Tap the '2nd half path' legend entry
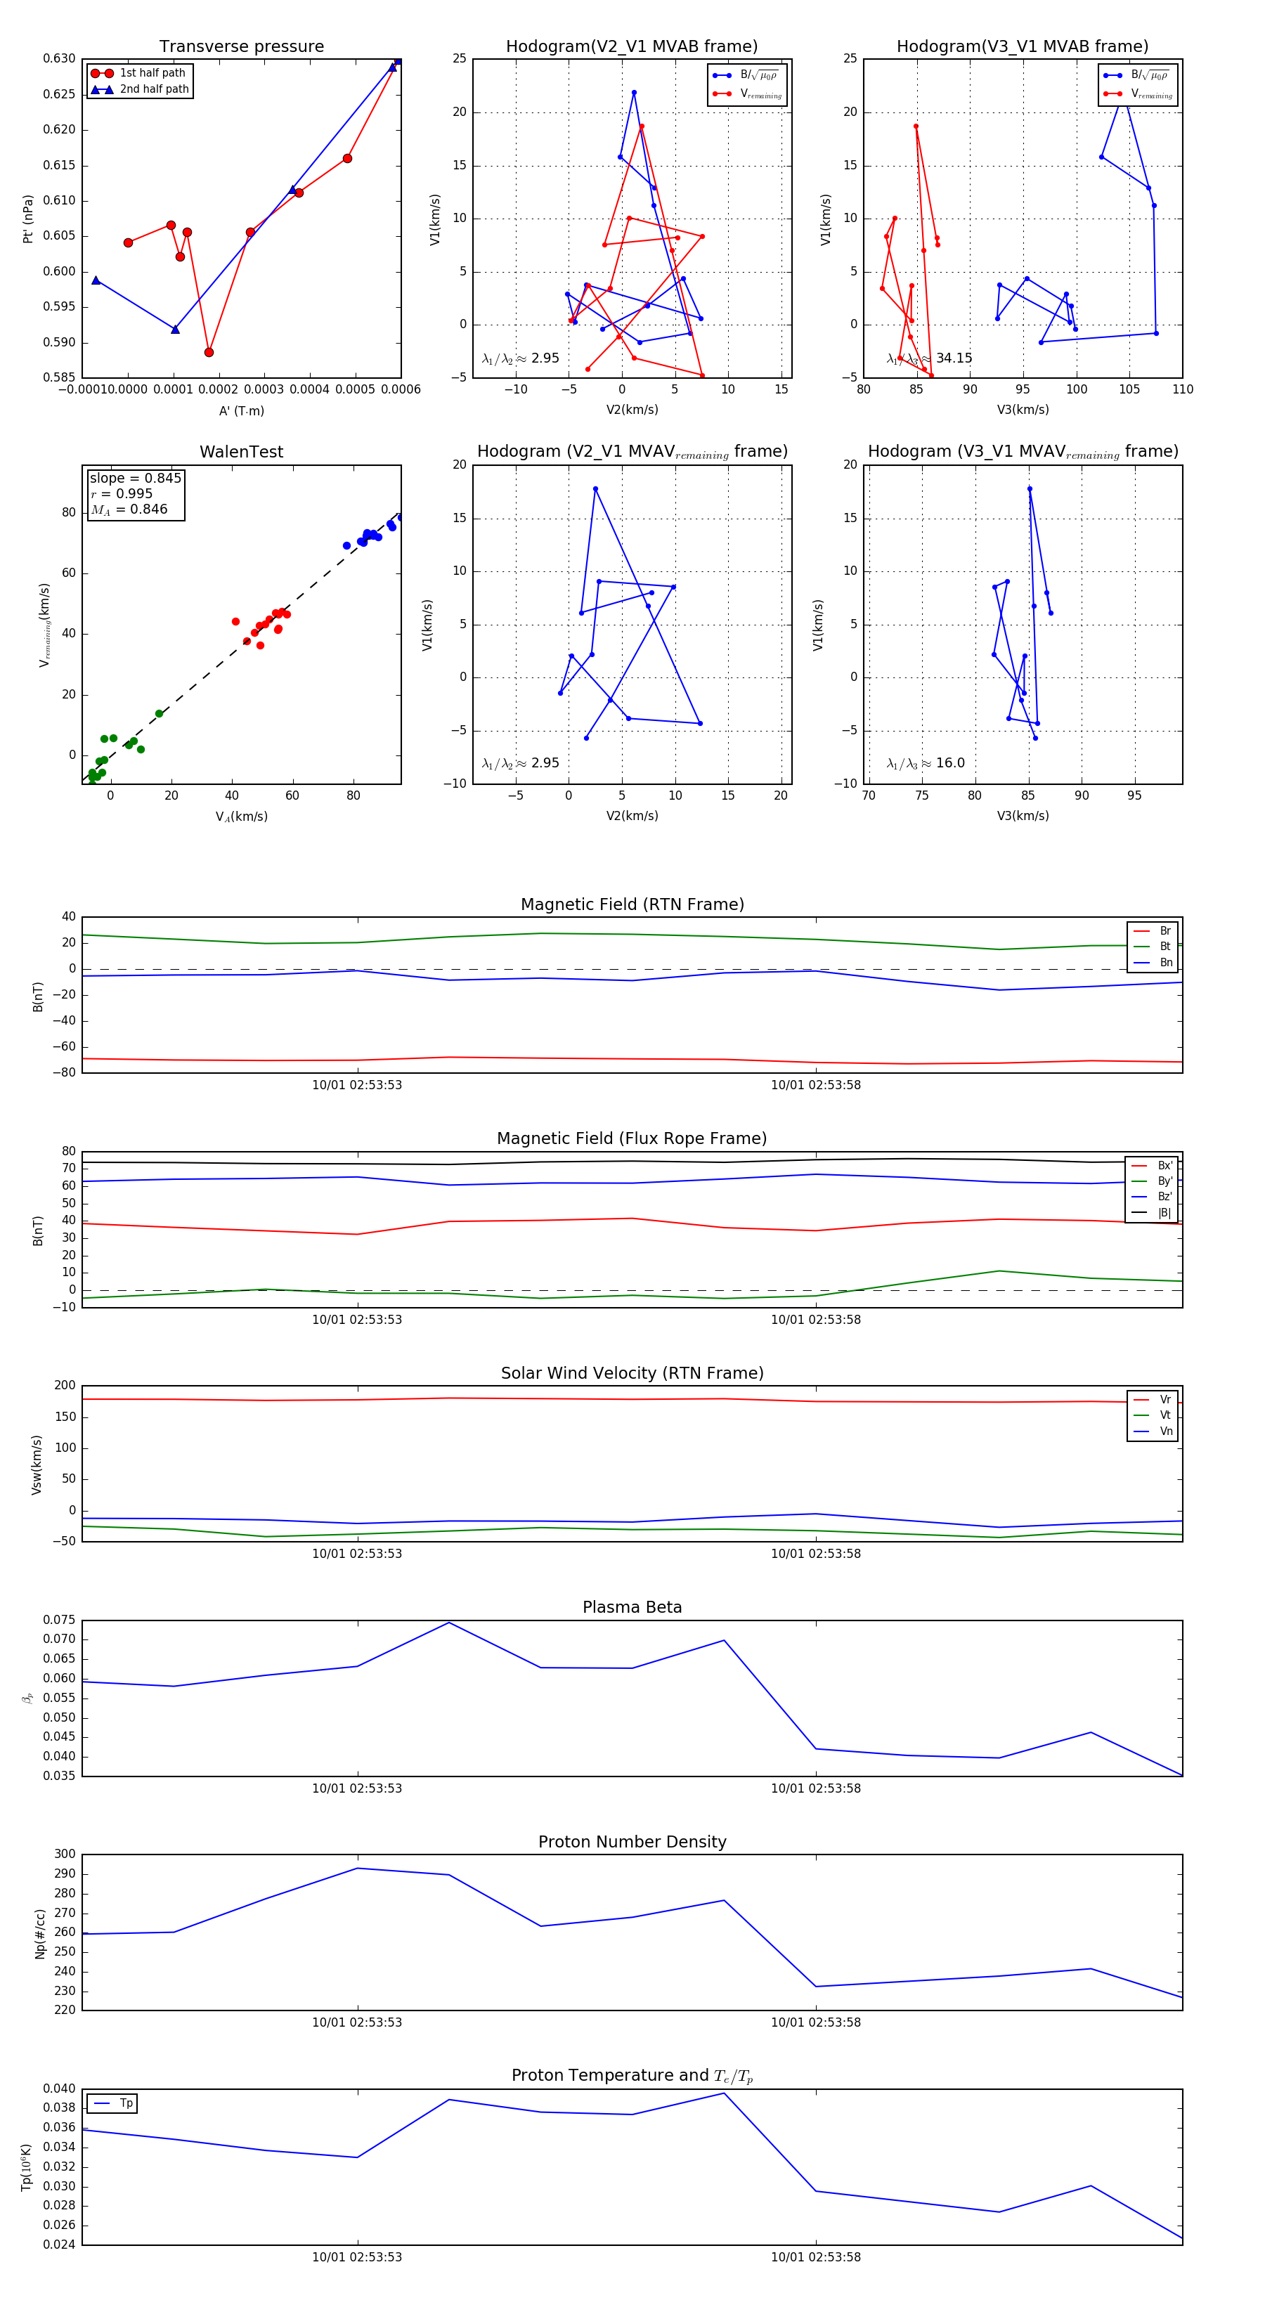pyautogui.click(x=154, y=89)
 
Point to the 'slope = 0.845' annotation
pyautogui.click(x=135, y=478)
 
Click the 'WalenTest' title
pyautogui.click(x=241, y=452)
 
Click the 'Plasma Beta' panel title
pyautogui.click(x=632, y=1607)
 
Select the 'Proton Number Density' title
pyautogui.click(x=632, y=1842)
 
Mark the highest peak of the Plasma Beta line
pyautogui.click(x=449, y=1622)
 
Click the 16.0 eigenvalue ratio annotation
pyautogui.click(x=950, y=763)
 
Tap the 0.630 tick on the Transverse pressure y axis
pyautogui.click(x=60, y=58)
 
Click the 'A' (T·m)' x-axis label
pyautogui.click(x=241, y=410)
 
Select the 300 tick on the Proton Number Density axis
pyautogui.click(x=65, y=1854)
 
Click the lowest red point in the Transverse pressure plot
pyautogui.click(x=209, y=352)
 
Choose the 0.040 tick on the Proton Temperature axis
pyautogui.click(x=60, y=2089)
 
